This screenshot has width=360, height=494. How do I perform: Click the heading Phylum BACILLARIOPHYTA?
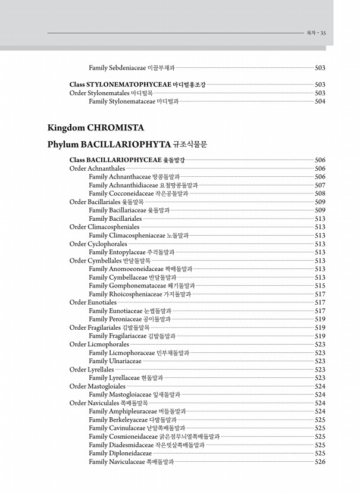(x=127, y=144)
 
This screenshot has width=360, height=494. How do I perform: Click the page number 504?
(x=320, y=102)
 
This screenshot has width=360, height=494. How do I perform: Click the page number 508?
(x=320, y=193)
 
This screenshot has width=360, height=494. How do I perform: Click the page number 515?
(x=320, y=286)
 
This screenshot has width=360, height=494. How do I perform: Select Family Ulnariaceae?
(x=115, y=361)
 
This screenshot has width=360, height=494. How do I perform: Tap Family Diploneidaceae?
(x=120, y=454)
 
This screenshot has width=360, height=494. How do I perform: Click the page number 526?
(x=320, y=462)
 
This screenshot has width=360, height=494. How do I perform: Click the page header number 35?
(x=323, y=33)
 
